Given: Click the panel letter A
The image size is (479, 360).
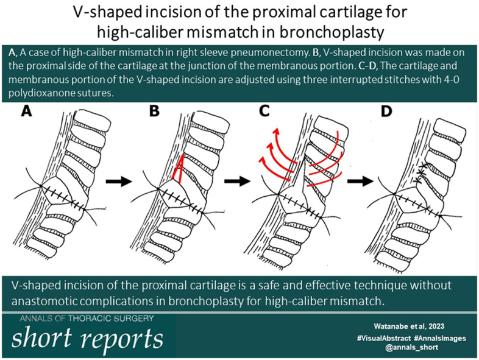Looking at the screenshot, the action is point(26,111).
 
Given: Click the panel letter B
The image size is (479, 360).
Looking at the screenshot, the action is point(154,111).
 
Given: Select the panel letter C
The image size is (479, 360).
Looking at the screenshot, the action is point(264,111).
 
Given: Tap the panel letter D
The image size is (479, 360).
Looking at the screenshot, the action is point(386,111).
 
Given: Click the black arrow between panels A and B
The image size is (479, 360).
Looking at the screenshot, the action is point(119,182).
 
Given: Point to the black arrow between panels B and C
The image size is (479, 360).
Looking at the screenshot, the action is point(237,182).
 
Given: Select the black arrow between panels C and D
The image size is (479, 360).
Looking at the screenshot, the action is point(361,182).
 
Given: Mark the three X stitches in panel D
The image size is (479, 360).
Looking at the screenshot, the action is point(420,173).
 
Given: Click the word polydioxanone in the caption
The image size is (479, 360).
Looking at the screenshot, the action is point(39,93).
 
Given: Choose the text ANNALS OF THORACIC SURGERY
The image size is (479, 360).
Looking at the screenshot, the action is point(87,319).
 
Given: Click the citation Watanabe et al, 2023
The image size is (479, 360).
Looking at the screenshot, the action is point(409,326).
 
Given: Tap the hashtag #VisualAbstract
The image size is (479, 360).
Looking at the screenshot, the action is point(384,338).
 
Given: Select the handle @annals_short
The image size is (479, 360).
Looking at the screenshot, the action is point(412,347).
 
